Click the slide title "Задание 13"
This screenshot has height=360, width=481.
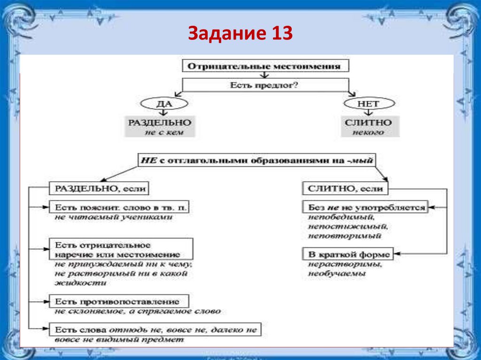240,34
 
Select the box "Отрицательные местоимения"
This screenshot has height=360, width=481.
264,66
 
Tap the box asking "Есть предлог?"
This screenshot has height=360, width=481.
265,85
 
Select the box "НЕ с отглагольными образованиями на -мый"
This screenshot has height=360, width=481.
256,160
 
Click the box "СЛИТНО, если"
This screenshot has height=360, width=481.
345,189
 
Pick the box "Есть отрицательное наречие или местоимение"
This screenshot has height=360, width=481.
121,249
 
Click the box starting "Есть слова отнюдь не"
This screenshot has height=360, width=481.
155,329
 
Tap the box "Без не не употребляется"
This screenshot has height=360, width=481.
365,207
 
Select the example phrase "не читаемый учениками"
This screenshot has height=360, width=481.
113,217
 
